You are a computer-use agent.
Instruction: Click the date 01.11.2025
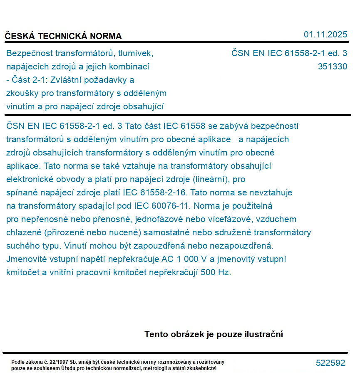tap(325, 35)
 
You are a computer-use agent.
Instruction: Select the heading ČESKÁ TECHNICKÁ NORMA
tap(63, 36)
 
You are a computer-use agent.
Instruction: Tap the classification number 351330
tap(332, 67)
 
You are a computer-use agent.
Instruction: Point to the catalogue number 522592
tap(330, 363)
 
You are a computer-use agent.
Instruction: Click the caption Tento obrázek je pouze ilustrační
tap(214, 334)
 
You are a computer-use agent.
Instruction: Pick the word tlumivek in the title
tap(137, 53)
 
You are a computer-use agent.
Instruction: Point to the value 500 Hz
tap(215, 273)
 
